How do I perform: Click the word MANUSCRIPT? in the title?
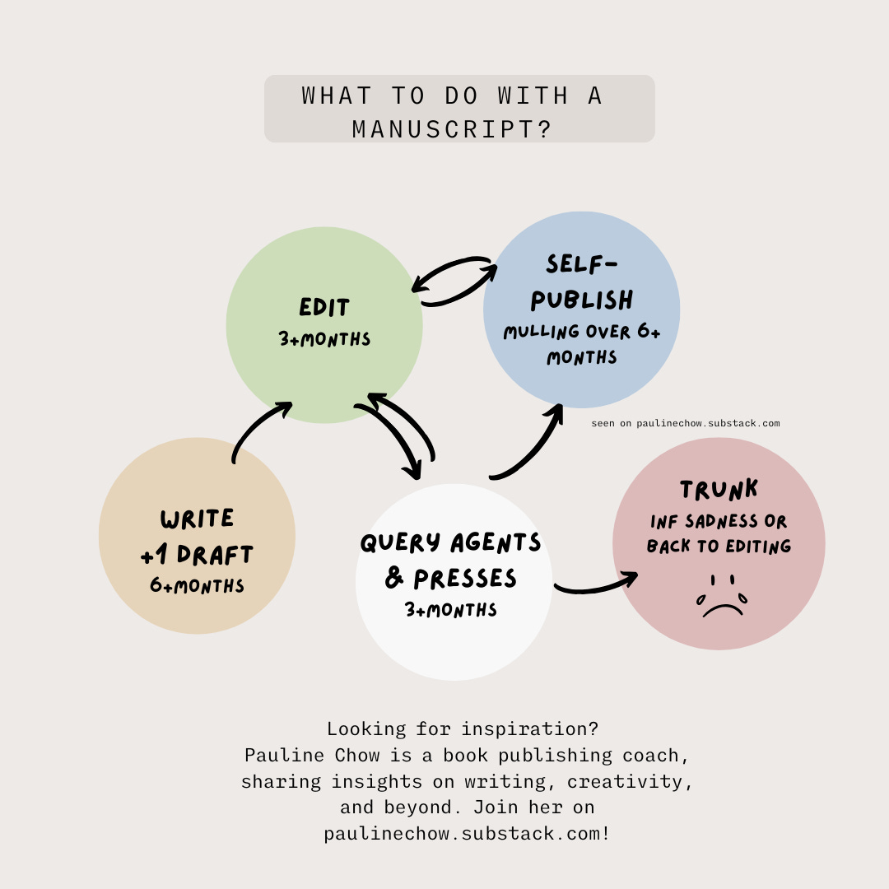coord(452,129)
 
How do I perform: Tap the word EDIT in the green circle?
coord(324,308)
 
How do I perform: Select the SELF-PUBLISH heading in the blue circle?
coord(582,282)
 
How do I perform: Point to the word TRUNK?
coord(719,491)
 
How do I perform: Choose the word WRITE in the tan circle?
coord(197,519)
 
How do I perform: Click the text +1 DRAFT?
coord(197,555)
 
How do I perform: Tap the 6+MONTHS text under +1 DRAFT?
coord(197,586)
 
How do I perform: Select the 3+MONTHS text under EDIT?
coord(324,339)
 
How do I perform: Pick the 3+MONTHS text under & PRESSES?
coord(451,610)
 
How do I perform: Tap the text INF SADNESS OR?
coord(719,522)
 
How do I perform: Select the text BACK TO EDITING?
coord(719,546)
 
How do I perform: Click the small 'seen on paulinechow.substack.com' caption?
coord(685,424)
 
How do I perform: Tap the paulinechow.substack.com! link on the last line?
coord(467,833)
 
